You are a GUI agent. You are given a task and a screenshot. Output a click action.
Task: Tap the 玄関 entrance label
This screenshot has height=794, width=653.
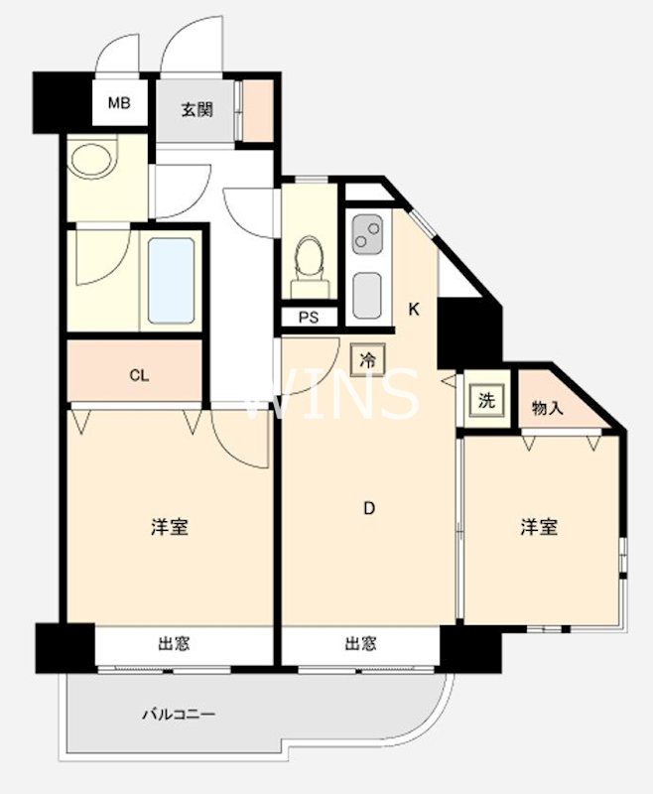coord(196,110)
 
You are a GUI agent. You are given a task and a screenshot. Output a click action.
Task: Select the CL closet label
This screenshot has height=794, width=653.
coord(139,375)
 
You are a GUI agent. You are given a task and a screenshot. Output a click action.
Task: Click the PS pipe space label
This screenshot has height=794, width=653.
coord(309,318)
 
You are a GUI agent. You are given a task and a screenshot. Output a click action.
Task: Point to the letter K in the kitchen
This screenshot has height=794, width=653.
coord(415,309)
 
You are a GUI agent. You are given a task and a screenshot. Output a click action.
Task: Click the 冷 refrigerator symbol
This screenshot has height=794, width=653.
coord(367,360)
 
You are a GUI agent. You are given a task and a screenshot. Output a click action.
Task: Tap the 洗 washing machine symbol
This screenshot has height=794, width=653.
coord(486,401)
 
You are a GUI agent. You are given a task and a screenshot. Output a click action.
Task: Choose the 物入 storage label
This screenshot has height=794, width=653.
coord(547,407)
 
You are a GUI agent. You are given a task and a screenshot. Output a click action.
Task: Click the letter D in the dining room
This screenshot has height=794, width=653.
coord(368,509)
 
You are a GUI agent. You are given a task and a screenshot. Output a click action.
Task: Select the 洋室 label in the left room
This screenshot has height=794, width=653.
coord(170,527)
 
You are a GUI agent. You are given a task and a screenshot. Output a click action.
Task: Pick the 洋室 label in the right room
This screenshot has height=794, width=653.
coord(539,527)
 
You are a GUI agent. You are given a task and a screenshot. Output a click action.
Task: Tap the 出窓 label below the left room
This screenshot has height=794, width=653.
coord(174,644)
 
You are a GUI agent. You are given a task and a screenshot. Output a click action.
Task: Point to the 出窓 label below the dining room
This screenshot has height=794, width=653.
coord(360,644)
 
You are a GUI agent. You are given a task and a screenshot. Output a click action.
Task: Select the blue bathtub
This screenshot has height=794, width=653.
coord(171,281)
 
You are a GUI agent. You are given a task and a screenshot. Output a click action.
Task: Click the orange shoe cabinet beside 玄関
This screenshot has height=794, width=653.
coord(258,109)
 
